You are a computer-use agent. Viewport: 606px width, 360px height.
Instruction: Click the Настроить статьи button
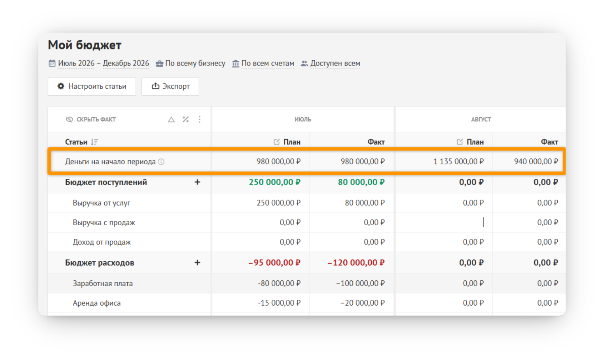[92, 86]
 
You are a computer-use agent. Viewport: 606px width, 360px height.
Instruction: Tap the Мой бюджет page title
[85, 45]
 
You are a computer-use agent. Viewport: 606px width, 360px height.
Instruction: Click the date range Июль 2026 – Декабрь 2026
[103, 63]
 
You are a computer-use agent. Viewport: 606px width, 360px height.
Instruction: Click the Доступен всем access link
[335, 63]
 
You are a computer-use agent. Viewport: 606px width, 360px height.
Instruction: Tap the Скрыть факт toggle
[91, 119]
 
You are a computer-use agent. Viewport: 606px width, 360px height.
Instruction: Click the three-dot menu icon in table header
[200, 119]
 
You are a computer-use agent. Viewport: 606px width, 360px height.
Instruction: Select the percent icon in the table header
[186, 119]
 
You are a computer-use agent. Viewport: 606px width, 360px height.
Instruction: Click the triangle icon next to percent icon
[171, 119]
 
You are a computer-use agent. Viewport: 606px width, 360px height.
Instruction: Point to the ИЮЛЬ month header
[303, 119]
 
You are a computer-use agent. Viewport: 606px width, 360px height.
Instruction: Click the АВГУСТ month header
[481, 119]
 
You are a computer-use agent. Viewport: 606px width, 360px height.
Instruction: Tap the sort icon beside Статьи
[94, 142]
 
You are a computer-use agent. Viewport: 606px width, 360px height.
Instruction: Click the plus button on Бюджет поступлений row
[197, 182]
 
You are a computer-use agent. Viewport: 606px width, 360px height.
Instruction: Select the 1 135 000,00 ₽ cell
[458, 161]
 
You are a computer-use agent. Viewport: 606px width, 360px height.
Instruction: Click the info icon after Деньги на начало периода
[161, 162]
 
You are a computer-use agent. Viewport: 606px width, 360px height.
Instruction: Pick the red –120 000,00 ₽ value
[356, 263]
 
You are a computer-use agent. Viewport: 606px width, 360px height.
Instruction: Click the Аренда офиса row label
[97, 303]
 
